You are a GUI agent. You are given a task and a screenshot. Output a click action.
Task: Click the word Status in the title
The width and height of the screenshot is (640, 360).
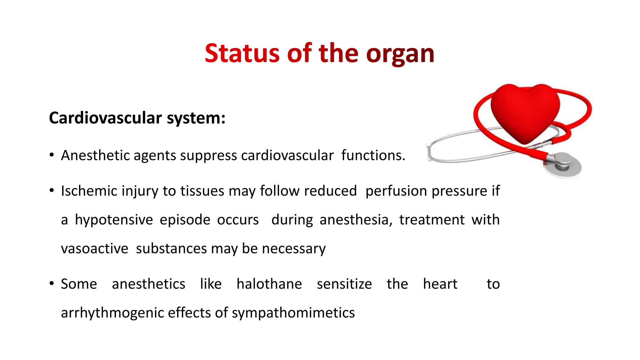(x=242, y=54)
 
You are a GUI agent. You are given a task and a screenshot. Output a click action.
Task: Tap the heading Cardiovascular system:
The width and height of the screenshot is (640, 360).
(x=137, y=118)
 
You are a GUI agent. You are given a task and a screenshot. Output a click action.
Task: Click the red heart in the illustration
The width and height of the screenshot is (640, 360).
(x=525, y=112)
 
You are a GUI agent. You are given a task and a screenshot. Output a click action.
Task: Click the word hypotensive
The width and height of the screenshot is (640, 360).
(x=114, y=220)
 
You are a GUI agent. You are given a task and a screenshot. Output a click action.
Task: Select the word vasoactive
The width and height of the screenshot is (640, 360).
(x=94, y=249)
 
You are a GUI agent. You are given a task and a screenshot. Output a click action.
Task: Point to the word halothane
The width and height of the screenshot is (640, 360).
(x=269, y=284)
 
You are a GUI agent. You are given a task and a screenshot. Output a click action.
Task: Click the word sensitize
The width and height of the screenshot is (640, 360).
(x=344, y=284)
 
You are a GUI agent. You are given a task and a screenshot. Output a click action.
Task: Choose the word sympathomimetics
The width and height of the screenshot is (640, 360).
(x=293, y=313)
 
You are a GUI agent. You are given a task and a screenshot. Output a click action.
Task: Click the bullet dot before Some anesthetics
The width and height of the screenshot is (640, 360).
(x=52, y=284)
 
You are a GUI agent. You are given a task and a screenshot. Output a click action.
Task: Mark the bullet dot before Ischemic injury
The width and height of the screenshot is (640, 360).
(x=52, y=191)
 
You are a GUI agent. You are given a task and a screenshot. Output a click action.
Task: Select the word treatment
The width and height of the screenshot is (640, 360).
(x=432, y=220)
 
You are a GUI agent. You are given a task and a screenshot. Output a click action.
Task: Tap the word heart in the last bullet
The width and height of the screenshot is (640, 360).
(x=440, y=284)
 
